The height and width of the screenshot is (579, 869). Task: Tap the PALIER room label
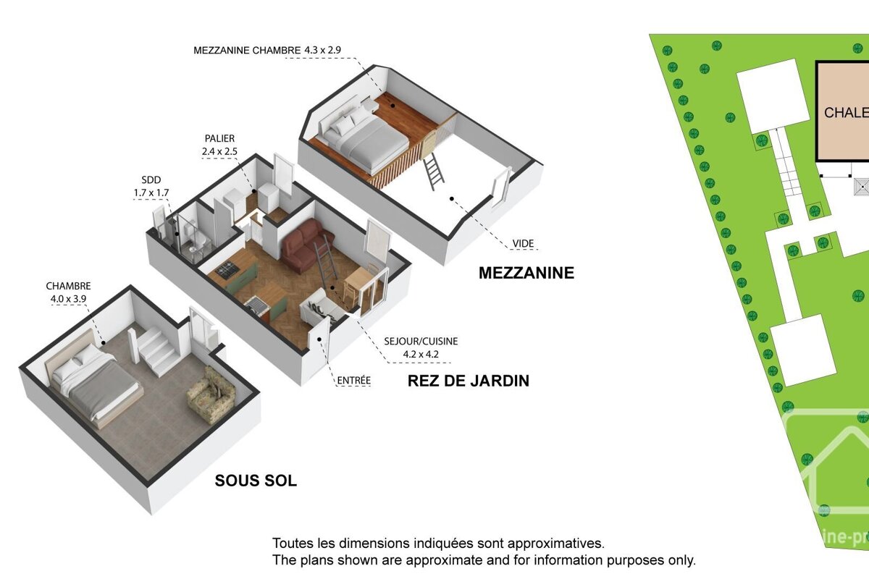pyautogui.click(x=219, y=145)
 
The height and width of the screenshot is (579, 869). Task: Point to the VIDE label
pyautogui.click(x=523, y=244)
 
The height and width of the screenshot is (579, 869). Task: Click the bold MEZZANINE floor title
pyautogui.click(x=526, y=273)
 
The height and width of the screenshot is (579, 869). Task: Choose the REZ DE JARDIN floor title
pyautogui.click(x=468, y=380)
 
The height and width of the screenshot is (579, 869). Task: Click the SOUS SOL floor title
pyautogui.click(x=256, y=481)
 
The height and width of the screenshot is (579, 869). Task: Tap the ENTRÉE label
pyautogui.click(x=353, y=380)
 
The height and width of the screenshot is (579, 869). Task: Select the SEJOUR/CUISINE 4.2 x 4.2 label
pyautogui.click(x=421, y=347)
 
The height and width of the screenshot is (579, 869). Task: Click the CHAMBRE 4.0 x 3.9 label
pyautogui.click(x=68, y=292)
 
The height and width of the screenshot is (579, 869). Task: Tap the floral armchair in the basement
pyautogui.click(x=211, y=394)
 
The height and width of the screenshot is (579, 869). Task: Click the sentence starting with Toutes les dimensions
pyautogui.click(x=437, y=543)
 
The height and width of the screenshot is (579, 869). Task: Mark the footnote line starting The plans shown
pyautogui.click(x=484, y=560)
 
